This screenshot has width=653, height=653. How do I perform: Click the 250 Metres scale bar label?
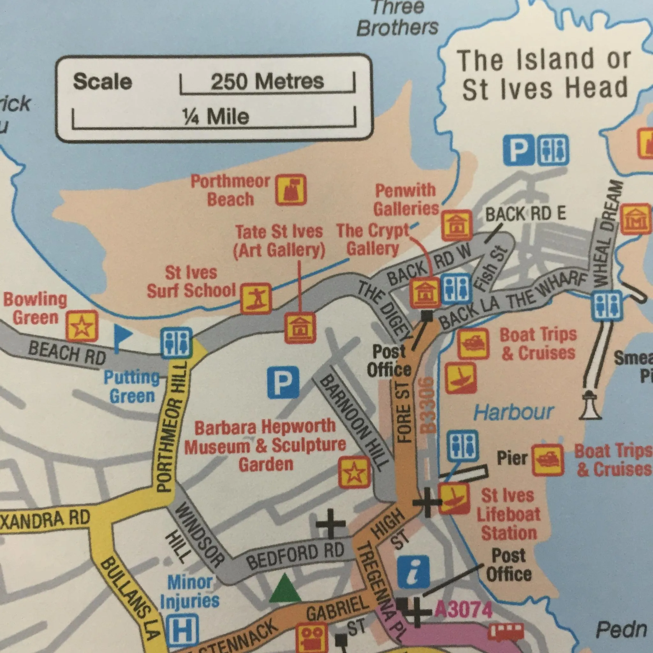pyautogui.click(x=267, y=81)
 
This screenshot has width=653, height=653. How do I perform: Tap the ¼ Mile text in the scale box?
pyautogui.click(x=215, y=116)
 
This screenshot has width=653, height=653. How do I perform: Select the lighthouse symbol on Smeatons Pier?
pyautogui.click(x=591, y=405)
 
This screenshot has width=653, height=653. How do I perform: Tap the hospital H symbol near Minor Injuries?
pyautogui.click(x=182, y=629)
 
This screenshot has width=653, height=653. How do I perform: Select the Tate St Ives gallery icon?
pyautogui.click(x=300, y=328)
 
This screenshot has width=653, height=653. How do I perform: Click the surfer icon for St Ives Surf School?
pyautogui.click(x=256, y=298)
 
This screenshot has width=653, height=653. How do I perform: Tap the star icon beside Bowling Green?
pyautogui.click(x=82, y=326)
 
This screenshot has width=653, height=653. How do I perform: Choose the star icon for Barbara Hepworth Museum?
pyautogui.click(x=354, y=472)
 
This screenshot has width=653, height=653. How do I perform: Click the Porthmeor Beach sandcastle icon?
pyautogui.click(x=291, y=190)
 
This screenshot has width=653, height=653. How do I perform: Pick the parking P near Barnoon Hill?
pyautogui.click(x=283, y=383)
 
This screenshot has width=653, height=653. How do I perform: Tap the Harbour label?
pyautogui.click(x=513, y=412)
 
